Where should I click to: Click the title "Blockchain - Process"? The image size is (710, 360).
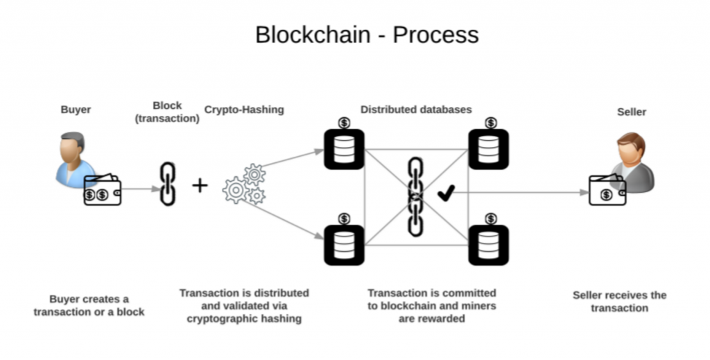coord(367,35)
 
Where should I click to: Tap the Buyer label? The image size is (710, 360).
coord(76,110)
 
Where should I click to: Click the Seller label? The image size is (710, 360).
coord(631,112)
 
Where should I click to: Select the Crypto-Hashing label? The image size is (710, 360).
coord(244,110)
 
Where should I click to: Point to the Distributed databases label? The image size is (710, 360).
coord(416,110)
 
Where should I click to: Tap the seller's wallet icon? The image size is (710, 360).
coord(607,190)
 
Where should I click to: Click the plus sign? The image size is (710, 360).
coord(200,185)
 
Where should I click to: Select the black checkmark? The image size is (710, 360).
coord(446,193)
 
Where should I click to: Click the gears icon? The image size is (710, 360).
coord(245,185)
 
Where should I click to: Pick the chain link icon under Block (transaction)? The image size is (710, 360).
coord(167,184)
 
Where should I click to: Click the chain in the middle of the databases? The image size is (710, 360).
coord(415,196)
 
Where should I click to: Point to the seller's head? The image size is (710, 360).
coord(632,148)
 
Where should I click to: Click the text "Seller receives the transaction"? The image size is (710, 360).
coord(619,301)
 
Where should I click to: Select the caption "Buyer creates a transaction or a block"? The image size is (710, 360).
coord(89,305)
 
